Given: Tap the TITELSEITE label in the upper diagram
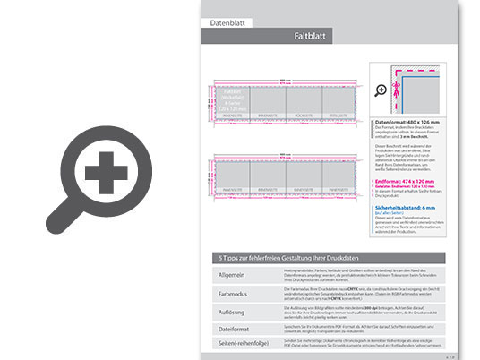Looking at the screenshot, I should tap(339, 115).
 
